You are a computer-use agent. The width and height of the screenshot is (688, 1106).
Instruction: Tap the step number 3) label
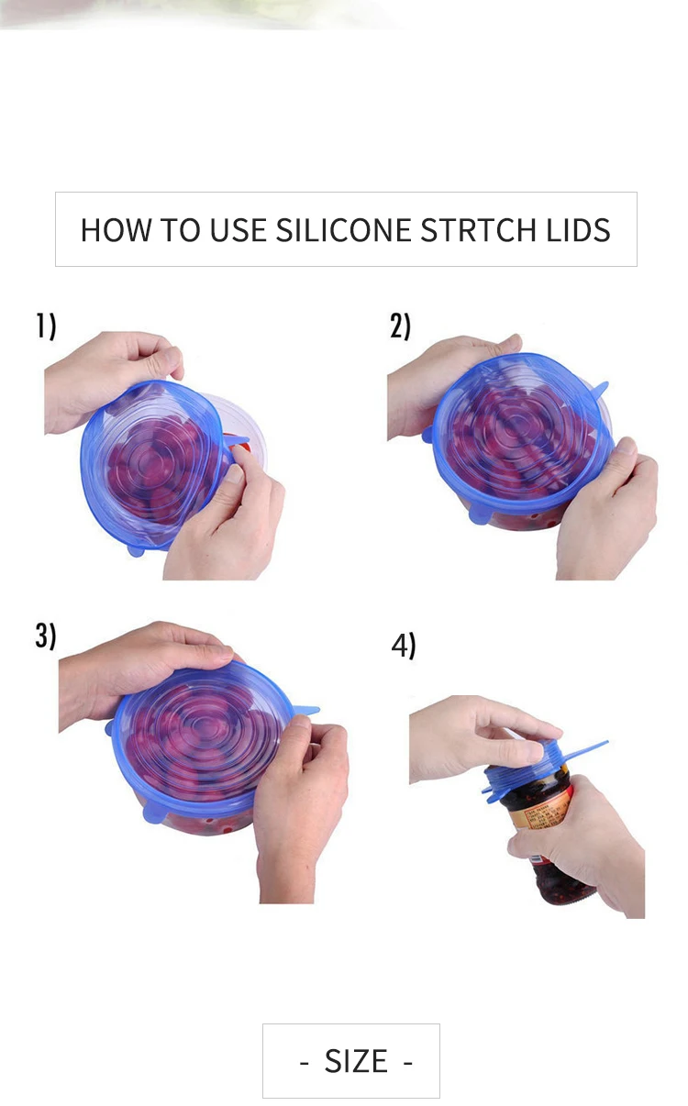pyautogui.click(x=46, y=636)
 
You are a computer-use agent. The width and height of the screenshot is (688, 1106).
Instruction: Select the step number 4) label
pyautogui.click(x=404, y=646)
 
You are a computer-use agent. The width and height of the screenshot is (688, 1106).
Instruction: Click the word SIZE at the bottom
pyautogui.click(x=356, y=1061)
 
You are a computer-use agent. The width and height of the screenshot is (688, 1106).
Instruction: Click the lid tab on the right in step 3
pyautogui.click(x=305, y=710)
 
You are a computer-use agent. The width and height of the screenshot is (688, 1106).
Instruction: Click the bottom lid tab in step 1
pyautogui.click(x=135, y=549)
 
